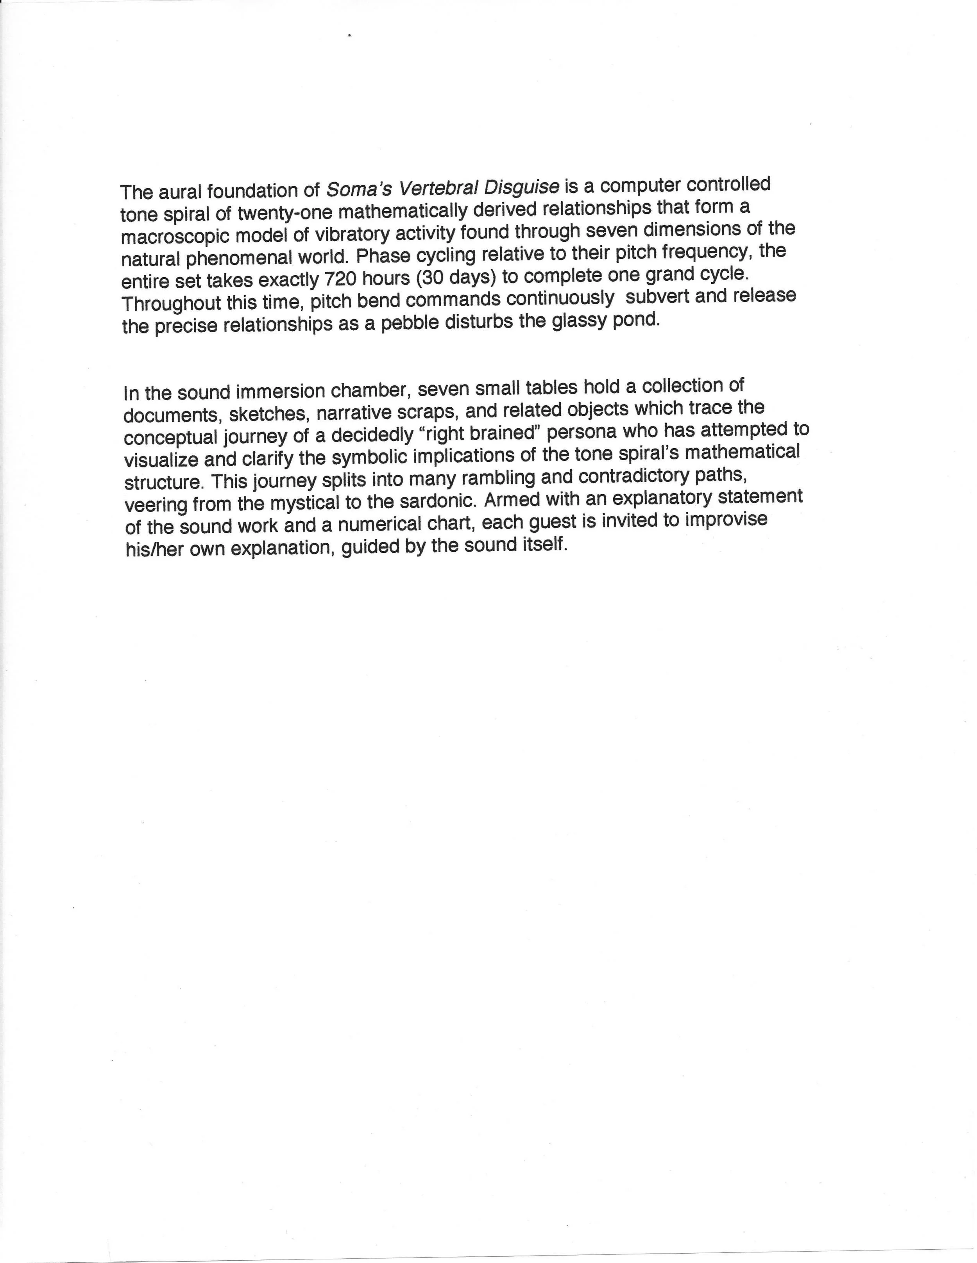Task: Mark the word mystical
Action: [x=304, y=503]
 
